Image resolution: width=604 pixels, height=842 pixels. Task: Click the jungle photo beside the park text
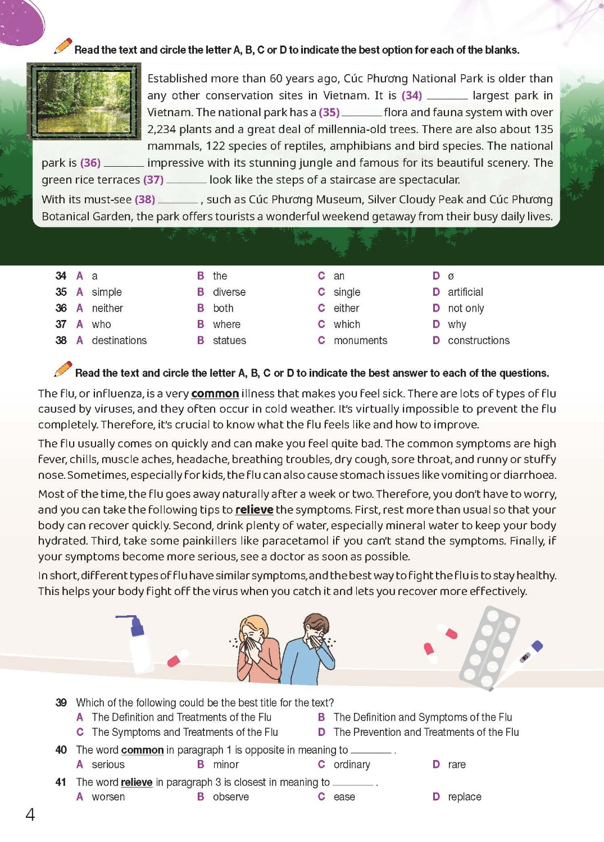click(x=84, y=101)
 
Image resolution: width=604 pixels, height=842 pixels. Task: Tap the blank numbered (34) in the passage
click(x=447, y=97)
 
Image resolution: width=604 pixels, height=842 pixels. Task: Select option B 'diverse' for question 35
click(x=229, y=292)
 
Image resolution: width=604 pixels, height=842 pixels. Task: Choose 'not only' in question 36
click(x=465, y=308)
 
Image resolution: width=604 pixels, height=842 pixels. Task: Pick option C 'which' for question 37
click(x=346, y=324)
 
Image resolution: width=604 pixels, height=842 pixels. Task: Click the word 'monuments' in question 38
click(x=360, y=341)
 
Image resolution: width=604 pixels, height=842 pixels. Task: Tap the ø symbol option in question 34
click(x=451, y=276)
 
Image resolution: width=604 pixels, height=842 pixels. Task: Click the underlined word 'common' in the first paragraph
click(x=215, y=393)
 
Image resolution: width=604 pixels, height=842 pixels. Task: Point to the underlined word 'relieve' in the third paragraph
click(x=254, y=510)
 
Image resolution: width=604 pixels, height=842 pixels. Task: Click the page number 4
click(x=30, y=814)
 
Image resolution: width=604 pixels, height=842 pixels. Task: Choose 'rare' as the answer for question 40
click(x=456, y=765)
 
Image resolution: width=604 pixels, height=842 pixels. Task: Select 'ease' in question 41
click(x=344, y=797)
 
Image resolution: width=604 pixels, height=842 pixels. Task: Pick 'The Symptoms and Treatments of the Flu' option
click(x=185, y=733)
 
